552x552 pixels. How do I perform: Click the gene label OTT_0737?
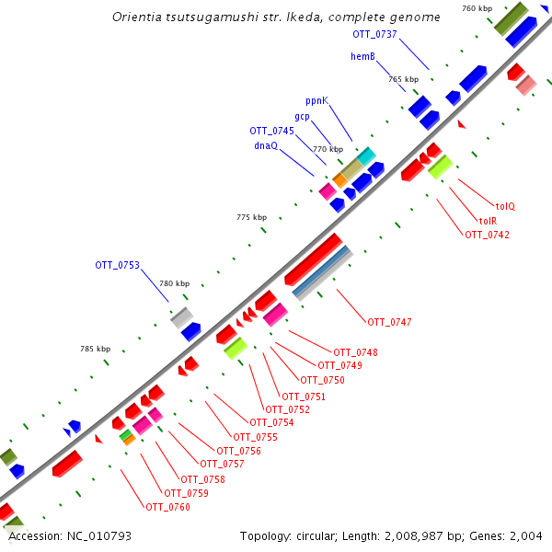coord(374,34)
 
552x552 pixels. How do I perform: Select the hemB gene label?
coord(362,56)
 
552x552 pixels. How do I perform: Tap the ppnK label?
coord(316,100)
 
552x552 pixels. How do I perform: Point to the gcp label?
coord(302,116)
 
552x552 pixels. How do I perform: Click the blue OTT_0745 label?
coord(271,131)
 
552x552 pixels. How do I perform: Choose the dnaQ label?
coord(266,145)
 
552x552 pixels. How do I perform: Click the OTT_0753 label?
coord(117,265)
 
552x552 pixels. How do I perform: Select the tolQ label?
coord(505,206)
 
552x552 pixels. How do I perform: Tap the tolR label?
coord(488,221)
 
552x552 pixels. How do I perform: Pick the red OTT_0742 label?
coord(487,235)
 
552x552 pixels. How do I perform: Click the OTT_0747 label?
coord(389,322)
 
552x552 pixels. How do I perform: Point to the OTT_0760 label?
coord(167,507)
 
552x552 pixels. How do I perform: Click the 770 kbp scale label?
coord(328,149)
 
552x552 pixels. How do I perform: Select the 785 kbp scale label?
coord(96,349)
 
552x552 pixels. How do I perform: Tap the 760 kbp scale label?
coord(477,8)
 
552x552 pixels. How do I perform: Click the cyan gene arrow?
coord(366,155)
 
